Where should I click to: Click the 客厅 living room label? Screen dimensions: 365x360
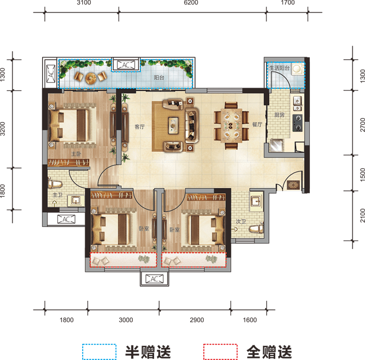tap(140, 127)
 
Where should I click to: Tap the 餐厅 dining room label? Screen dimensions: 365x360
tap(257, 125)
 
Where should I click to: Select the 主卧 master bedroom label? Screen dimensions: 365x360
tap(76, 154)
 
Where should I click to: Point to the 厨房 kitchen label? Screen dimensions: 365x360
tap(279, 114)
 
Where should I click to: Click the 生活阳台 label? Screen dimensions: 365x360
tap(279, 68)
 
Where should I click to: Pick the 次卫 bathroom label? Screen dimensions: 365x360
tap(241, 221)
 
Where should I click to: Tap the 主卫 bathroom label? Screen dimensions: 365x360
tap(57, 194)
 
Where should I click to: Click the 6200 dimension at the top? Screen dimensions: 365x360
tap(191, 3)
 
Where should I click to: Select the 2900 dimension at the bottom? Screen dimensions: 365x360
tap(197, 320)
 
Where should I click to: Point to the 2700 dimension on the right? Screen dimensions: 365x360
tap(362, 125)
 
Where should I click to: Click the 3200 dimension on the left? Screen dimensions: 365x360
tap(3, 129)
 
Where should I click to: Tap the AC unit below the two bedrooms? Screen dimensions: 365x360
tap(154, 279)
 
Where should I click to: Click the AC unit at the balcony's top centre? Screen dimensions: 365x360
tap(126, 65)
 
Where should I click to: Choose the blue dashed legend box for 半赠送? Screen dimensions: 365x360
tap(99, 351)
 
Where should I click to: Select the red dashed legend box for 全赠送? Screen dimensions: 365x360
tap(220, 351)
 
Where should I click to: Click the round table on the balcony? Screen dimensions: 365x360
tap(90, 78)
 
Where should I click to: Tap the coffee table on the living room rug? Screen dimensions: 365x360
tap(173, 126)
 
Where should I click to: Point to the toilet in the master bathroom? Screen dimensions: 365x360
tap(55, 184)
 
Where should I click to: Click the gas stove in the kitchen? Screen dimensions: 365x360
tap(298, 123)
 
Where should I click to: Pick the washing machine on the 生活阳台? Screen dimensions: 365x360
tap(297, 69)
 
